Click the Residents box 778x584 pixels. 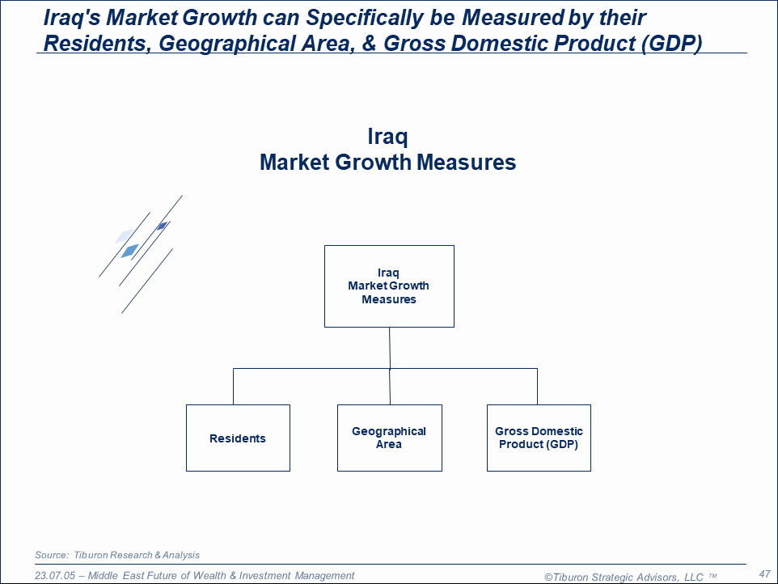click(238, 438)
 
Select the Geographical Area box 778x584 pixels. click(390, 438)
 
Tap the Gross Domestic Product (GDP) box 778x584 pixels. click(539, 438)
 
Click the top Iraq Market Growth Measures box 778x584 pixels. click(389, 286)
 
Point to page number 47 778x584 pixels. click(764, 574)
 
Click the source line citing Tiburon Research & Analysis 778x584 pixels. click(117, 555)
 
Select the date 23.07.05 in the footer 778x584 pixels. click(54, 576)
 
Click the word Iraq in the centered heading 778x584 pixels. click(387, 137)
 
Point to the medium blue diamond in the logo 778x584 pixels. click(130, 251)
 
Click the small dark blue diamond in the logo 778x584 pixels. click(162, 226)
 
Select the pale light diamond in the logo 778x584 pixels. click(124, 235)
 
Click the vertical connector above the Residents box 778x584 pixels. click(233, 387)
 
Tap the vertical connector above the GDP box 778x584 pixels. click(537, 387)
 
